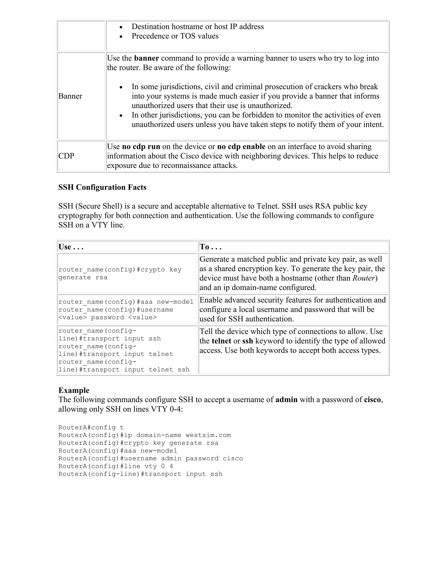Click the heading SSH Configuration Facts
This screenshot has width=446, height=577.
tap(102, 187)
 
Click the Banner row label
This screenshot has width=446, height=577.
tap(70, 96)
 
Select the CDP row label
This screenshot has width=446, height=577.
tap(66, 156)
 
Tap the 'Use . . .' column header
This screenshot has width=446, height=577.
tap(71, 247)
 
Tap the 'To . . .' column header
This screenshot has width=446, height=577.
tap(210, 247)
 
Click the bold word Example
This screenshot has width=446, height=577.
tap(74, 390)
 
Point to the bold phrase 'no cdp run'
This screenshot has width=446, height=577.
tap(141, 147)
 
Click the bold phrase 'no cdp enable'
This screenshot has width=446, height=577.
tap(241, 147)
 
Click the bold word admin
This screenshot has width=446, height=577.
tap(286, 400)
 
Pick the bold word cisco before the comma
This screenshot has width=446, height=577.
tap(372, 400)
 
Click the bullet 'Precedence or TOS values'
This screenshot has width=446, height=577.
tap(175, 36)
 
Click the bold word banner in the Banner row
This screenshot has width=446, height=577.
tap(146, 58)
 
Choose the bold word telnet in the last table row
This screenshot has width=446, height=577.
tap(221, 341)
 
